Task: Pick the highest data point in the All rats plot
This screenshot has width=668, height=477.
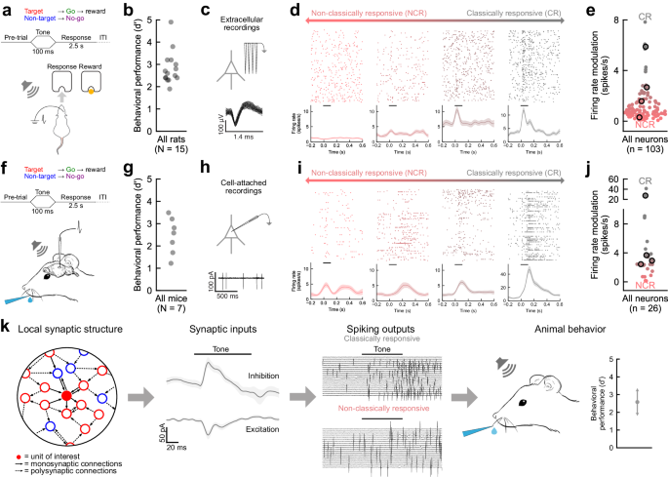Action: tap(172, 20)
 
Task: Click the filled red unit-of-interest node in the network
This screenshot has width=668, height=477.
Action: tap(66, 397)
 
